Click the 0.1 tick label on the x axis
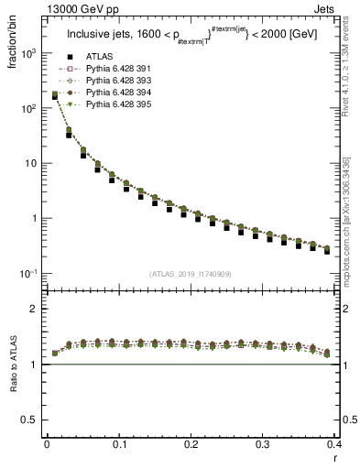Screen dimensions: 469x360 click(119, 444)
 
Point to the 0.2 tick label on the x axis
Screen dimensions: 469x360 click(191, 444)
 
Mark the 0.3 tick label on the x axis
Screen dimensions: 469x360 click(263, 444)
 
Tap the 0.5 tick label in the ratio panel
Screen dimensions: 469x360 click(32, 420)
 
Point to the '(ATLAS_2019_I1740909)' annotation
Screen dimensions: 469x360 click(190, 274)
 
